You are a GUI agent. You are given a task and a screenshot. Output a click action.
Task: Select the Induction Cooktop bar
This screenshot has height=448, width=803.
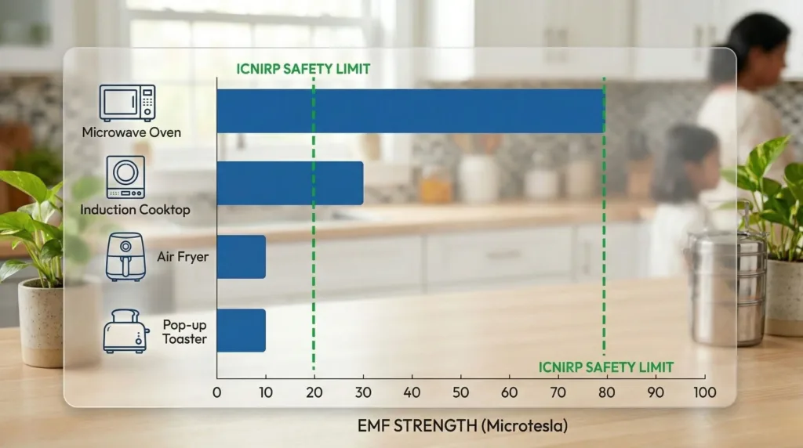click(x=289, y=183)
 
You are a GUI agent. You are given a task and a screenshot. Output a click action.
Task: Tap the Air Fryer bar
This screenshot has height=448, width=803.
click(x=241, y=256)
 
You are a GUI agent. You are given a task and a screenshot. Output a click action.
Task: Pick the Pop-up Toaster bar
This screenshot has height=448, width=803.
click(x=241, y=330)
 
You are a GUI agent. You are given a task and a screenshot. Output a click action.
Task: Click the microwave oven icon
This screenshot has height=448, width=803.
click(x=127, y=103)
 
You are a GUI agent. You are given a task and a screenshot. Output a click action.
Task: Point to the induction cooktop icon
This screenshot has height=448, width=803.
click(x=125, y=177)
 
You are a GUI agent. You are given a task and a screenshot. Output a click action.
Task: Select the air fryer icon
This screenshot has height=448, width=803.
click(x=125, y=255)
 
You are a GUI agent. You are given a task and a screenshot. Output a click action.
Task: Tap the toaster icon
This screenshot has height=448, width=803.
click(x=125, y=331)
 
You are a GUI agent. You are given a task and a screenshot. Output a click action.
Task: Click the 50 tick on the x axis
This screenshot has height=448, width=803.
click(x=460, y=392)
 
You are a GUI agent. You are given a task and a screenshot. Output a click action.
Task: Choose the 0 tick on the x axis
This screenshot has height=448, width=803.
click(x=217, y=392)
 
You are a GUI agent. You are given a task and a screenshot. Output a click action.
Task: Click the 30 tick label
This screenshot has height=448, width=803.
click(x=363, y=392)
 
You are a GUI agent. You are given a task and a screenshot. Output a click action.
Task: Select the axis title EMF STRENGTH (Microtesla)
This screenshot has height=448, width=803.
click(x=462, y=427)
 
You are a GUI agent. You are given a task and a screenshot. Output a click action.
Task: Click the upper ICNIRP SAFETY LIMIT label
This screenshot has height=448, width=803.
click(x=303, y=69)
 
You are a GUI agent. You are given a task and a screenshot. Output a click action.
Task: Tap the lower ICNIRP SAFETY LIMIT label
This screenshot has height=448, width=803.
click(x=605, y=367)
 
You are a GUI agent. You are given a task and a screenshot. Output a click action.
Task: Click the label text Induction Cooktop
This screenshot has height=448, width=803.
click(x=135, y=210)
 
